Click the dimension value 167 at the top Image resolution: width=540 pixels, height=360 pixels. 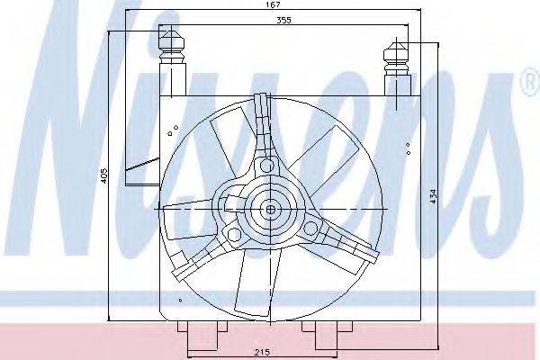(273, 6)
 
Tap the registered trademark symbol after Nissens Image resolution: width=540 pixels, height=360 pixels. (528, 85)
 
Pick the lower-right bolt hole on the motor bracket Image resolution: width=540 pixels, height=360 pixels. (310, 230)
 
